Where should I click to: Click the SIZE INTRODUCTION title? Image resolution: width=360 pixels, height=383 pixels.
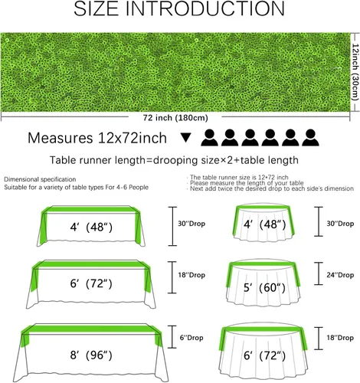[179, 8]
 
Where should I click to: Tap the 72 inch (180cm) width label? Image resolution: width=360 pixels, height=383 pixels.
[175, 118]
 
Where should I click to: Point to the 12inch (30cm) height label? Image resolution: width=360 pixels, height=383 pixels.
[355, 72]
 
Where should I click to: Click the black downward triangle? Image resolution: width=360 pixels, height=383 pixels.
[186, 138]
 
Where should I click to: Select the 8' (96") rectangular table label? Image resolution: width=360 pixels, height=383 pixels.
[91, 355]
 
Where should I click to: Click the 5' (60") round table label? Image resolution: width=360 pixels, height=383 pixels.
[264, 287]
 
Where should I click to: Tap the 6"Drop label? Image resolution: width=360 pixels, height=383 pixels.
[191, 338]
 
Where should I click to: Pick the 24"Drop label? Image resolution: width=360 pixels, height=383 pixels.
[340, 275]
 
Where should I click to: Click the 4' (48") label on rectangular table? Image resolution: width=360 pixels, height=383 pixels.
[91, 227]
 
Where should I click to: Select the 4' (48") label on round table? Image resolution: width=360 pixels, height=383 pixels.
[264, 224]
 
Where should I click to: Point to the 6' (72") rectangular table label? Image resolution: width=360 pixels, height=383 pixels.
[91, 283]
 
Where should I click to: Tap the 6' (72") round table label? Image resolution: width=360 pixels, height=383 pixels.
[264, 355]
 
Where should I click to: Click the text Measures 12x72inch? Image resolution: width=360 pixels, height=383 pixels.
[97, 138]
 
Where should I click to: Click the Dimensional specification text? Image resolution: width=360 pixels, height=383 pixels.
[40, 179]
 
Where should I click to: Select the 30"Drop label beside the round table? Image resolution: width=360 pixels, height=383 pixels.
[340, 224]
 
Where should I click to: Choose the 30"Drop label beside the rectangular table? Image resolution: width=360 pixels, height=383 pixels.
[191, 224]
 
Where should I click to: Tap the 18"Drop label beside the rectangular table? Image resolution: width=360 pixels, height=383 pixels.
[191, 275]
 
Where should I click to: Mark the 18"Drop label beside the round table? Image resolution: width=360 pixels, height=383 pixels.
[340, 338]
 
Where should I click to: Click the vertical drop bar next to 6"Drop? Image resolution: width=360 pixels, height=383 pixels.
[172, 337]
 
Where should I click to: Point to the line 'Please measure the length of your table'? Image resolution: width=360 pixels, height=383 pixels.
[247, 183]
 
